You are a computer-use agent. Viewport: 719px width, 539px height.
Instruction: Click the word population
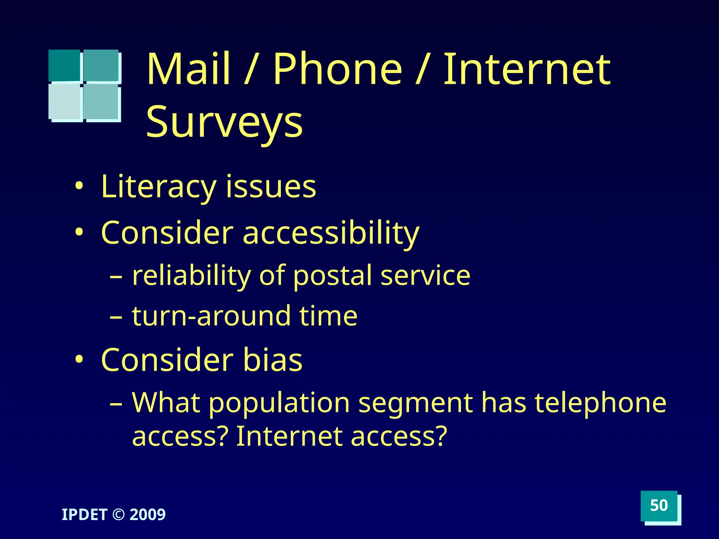(x=279, y=403)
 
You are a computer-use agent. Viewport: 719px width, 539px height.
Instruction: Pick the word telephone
(x=600, y=403)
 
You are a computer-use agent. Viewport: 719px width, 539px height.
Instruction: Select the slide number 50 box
(x=659, y=506)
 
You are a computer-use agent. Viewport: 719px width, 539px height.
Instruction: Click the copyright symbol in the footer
(x=118, y=515)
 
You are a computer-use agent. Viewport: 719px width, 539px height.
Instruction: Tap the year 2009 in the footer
(x=148, y=515)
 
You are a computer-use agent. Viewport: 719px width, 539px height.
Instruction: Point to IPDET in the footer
(x=84, y=515)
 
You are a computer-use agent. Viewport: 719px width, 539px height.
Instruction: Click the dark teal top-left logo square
(x=64, y=65)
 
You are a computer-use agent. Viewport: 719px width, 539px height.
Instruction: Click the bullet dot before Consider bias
(x=79, y=360)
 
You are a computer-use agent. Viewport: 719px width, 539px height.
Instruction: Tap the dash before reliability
(x=116, y=277)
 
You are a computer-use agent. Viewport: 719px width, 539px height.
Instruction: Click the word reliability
(x=192, y=276)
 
